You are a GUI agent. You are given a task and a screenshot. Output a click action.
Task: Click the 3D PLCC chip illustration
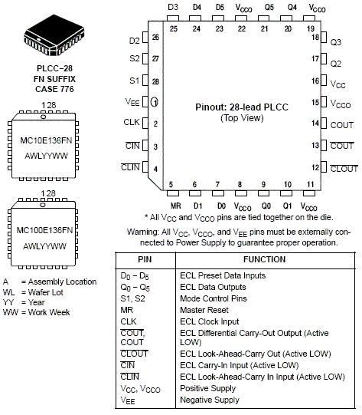pos(54,35)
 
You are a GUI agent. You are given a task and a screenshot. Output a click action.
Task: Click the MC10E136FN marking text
pos(46,140)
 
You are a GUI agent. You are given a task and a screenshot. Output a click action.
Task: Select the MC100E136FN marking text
pos(44,230)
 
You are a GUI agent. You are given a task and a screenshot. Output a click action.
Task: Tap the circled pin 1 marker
pos(155,102)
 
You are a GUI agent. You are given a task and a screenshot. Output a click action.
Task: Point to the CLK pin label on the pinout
pos(131,122)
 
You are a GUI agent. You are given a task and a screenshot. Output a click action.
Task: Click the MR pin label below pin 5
pos(175,206)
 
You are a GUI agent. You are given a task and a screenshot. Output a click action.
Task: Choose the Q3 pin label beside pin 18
pos(336,42)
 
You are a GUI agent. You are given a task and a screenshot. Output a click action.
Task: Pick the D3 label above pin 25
pos(173,7)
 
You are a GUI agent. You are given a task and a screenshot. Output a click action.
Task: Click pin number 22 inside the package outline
pos(242,28)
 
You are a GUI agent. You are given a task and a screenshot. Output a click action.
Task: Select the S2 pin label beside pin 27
pos(135,58)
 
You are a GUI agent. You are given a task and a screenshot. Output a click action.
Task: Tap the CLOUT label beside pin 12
pos(344,168)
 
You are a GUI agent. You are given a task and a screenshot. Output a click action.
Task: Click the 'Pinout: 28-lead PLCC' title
pos(242,107)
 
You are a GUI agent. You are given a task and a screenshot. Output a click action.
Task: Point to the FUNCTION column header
pos(265,259)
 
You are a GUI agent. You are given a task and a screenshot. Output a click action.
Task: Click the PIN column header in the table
pos(145,259)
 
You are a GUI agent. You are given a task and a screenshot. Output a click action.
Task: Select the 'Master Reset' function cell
pos(204,310)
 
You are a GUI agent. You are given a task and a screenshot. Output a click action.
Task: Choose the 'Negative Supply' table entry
pos(210,400)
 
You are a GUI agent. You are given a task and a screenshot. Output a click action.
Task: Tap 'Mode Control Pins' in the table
pos(214,298)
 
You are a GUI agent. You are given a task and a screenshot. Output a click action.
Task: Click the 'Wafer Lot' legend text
pos(45,292)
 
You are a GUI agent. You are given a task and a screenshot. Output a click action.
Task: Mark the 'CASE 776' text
pos(54,89)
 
